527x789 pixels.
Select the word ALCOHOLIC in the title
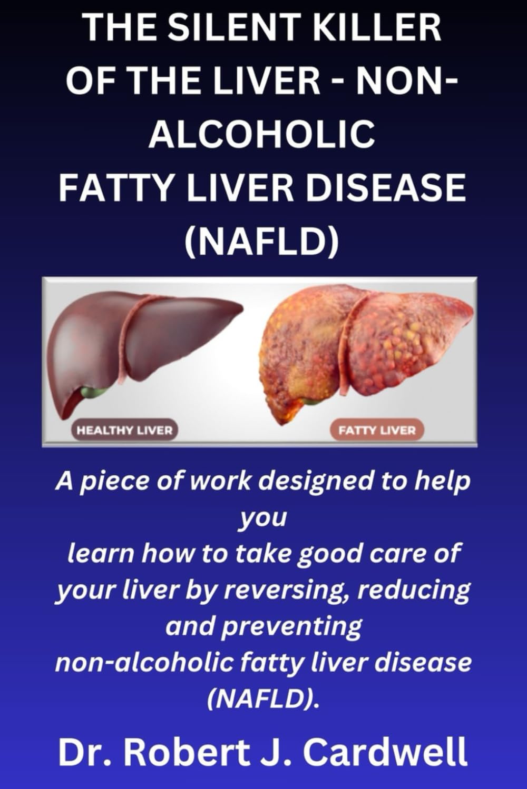click(x=262, y=134)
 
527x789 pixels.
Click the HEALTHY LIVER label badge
click(x=124, y=430)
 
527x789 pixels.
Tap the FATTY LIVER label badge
click(x=377, y=430)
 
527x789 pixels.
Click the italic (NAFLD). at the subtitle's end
click(x=263, y=698)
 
